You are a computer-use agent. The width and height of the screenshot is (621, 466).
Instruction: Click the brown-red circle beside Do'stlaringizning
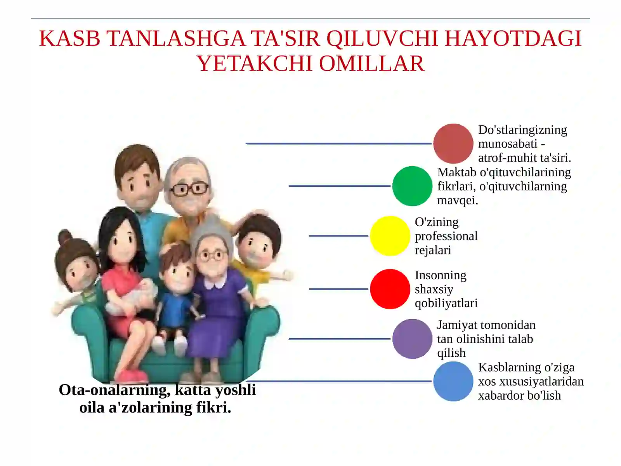tap(453, 143)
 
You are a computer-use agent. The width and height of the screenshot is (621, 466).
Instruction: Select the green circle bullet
tap(412, 186)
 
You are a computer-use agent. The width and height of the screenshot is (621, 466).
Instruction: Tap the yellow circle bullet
tap(390, 236)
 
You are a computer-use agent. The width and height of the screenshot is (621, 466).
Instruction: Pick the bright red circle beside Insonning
tap(390, 289)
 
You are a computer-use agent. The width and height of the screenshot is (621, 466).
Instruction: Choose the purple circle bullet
tap(412, 339)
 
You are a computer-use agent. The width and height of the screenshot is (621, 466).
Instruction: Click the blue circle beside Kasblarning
tap(453, 381)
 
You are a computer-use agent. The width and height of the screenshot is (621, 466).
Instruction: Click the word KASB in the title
tap(70, 38)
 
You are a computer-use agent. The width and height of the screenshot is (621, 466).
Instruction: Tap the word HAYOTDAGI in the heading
tap(513, 38)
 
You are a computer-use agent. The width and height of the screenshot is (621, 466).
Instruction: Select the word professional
tap(446, 236)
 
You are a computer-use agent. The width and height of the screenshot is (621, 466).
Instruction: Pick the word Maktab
tap(456, 172)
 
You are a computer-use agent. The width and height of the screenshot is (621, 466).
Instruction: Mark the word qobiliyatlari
tap(446, 303)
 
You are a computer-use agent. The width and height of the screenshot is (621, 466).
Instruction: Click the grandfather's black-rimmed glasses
tap(189, 189)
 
